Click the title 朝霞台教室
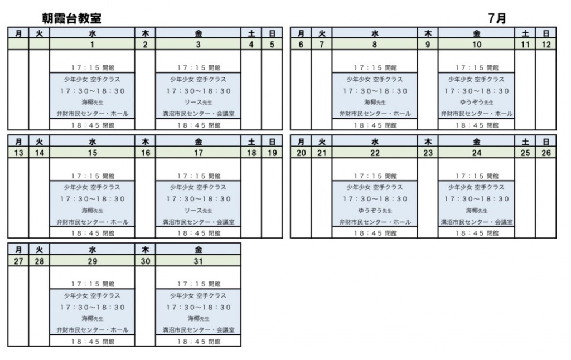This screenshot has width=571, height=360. (71, 18)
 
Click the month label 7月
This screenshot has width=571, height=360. (497, 18)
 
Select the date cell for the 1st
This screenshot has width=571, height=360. (92, 45)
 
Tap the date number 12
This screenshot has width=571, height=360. (546, 45)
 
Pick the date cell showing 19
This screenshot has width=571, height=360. (272, 153)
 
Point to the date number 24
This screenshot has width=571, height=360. (476, 153)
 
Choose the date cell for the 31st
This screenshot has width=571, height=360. (198, 261)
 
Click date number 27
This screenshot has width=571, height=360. (18, 261)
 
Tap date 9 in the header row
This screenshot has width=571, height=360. (428, 45)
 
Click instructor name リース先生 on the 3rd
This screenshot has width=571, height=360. (198, 103)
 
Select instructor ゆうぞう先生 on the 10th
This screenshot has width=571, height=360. (476, 103)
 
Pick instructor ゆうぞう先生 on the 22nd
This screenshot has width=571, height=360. (374, 211)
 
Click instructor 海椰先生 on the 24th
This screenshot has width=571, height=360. (476, 211)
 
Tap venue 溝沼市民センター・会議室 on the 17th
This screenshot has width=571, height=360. (198, 222)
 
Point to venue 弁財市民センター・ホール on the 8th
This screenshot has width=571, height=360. (374, 114)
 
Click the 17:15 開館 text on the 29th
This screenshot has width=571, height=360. (92, 284)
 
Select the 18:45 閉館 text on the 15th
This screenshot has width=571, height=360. (92, 233)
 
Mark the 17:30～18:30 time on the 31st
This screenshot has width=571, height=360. (198, 307)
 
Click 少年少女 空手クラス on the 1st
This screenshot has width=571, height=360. (92, 79)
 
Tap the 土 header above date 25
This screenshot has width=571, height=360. (525, 142)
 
